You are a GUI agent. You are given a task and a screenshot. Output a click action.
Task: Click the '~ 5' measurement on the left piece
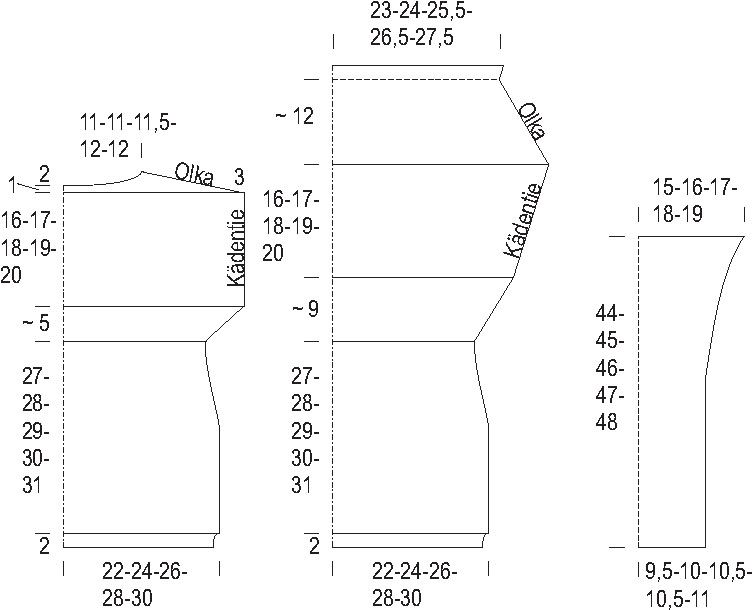click(36, 323)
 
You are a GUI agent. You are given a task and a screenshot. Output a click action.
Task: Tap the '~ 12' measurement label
click(294, 116)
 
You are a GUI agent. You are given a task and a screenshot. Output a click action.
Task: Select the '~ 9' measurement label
click(305, 309)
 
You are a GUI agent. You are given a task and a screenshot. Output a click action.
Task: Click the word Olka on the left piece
click(194, 175)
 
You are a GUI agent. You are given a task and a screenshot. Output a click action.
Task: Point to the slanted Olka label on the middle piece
click(532, 120)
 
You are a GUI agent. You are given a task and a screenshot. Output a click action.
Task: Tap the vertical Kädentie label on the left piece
click(235, 248)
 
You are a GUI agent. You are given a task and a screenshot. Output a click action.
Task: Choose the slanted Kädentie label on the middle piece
click(524, 220)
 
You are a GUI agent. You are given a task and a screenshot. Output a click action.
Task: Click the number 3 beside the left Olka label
click(239, 177)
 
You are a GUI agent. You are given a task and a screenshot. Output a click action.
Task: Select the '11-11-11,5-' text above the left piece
click(128, 122)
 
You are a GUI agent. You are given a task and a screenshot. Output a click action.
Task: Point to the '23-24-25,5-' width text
click(421, 11)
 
